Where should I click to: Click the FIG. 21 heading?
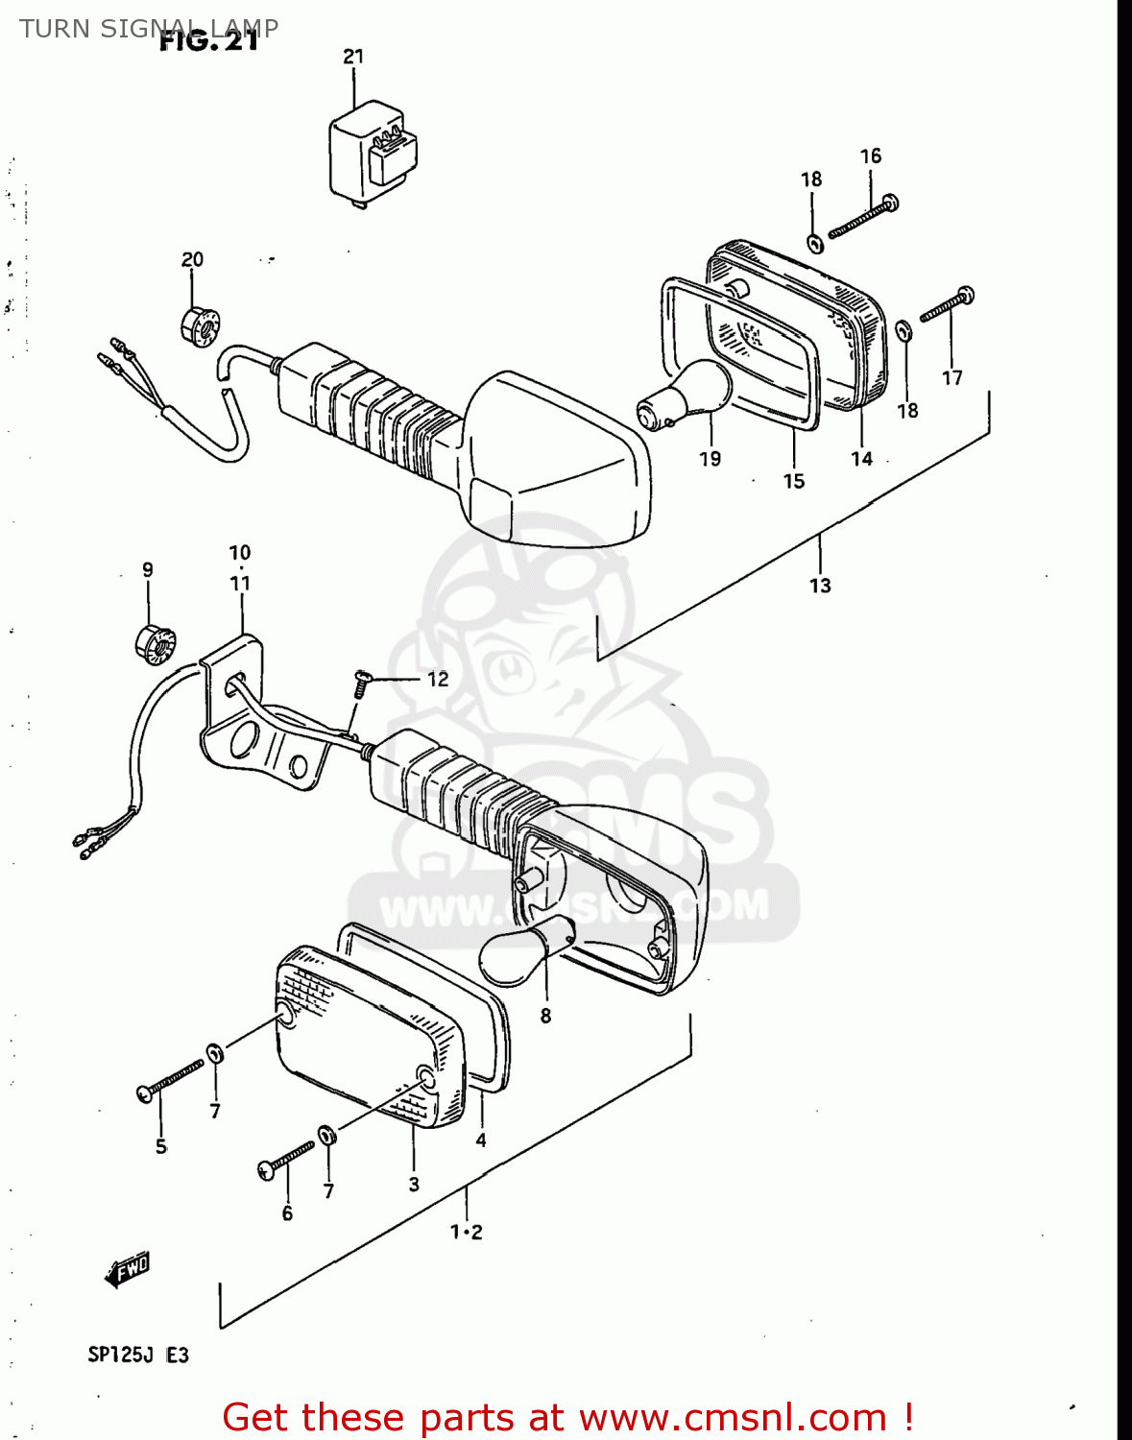coord(208,42)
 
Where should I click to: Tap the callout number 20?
coord(192,259)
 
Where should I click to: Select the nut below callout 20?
coord(200,326)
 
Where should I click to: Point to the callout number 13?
coord(820,586)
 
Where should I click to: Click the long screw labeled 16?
coord(862,217)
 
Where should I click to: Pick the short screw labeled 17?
coord(947,305)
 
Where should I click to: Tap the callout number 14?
coord(861,459)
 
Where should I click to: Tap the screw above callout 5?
coord(171,1078)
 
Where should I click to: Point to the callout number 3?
coord(414,1185)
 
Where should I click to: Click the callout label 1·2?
coord(467,1232)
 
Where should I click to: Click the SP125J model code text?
coord(121,1355)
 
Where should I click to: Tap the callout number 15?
coord(793,481)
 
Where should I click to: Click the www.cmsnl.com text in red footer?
coord(733,1417)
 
